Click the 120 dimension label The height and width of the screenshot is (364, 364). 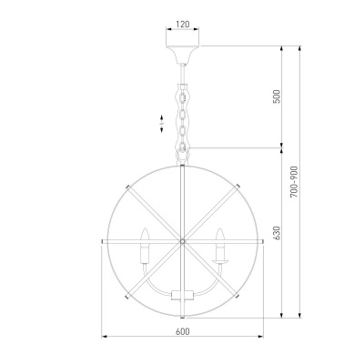[182, 24]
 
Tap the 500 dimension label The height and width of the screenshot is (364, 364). [278, 96]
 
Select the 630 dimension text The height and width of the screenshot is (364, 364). [278, 233]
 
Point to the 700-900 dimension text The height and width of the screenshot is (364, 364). [294, 182]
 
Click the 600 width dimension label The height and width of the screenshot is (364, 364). [182, 331]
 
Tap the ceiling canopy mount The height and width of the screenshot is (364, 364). [182, 55]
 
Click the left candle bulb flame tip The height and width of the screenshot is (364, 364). [146, 228]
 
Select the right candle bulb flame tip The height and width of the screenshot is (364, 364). [219, 228]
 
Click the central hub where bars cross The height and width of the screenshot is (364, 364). [182, 241]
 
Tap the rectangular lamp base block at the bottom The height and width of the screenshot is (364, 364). [182, 295]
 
